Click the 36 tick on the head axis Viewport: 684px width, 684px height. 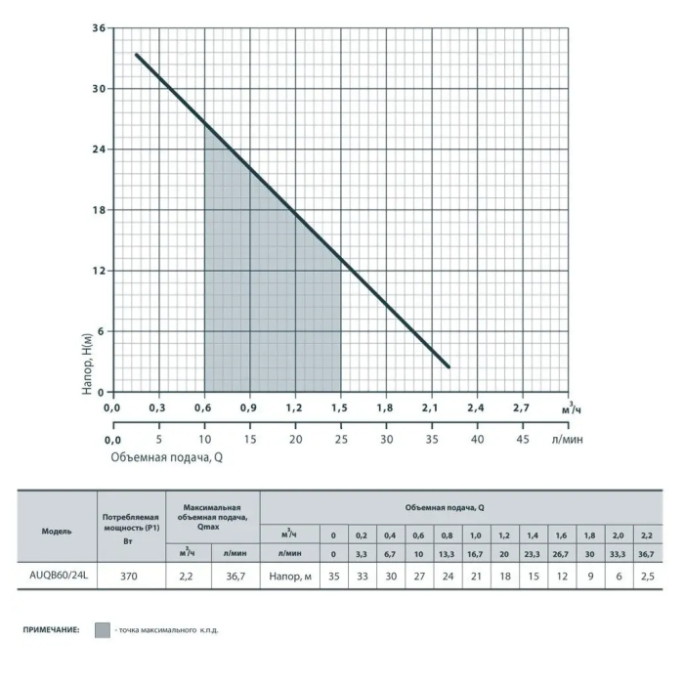(99, 28)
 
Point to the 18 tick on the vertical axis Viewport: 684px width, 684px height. (99, 210)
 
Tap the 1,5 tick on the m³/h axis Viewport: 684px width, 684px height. (339, 407)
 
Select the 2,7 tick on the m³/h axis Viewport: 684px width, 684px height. (521, 407)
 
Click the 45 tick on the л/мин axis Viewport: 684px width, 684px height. (523, 440)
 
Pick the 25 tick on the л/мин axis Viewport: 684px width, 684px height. (341, 440)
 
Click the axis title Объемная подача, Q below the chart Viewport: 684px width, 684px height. (167, 457)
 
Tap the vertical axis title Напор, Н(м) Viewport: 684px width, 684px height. (88, 364)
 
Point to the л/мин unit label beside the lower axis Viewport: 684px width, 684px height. (567, 440)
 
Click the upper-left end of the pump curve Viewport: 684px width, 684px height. (137, 55)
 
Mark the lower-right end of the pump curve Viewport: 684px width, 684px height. (449, 366)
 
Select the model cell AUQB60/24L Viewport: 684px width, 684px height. (59, 576)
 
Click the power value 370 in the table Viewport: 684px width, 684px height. (129, 577)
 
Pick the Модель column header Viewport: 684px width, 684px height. (57, 532)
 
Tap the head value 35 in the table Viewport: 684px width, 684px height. (334, 577)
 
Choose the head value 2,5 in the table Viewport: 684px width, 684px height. (648, 577)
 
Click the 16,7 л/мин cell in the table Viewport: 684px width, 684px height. (475, 554)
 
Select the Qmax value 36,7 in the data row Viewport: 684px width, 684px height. (235, 577)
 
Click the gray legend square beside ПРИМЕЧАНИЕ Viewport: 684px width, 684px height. (103, 630)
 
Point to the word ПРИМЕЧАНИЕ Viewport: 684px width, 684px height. (52, 630)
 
